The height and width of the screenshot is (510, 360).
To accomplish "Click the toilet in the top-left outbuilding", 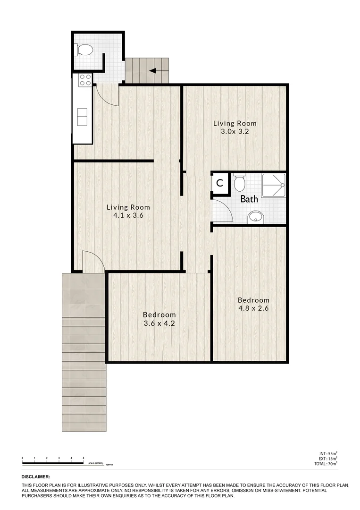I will pos(85,49).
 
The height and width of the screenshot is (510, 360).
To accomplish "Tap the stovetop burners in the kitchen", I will pos(85,80).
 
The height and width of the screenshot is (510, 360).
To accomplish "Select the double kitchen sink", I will pos(82,116).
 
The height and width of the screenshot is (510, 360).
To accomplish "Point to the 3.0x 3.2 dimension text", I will pos(235,131).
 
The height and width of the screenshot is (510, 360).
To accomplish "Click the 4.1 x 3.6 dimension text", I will pos(128,215).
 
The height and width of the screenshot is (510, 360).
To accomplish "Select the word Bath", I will pos(249,199).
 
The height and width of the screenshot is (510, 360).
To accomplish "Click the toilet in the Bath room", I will pos(239,181).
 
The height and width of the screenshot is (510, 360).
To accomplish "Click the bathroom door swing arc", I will pos(223,211).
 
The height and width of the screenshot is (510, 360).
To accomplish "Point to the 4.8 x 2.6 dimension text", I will pos(253,308).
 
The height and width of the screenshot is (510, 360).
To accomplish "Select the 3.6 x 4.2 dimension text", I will pos(159,323).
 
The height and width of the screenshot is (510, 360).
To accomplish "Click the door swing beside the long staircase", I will pos(92,262).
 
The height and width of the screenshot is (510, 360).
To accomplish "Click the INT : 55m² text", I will pos(328,453).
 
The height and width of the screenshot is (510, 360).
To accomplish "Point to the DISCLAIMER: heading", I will pos(35,477).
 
